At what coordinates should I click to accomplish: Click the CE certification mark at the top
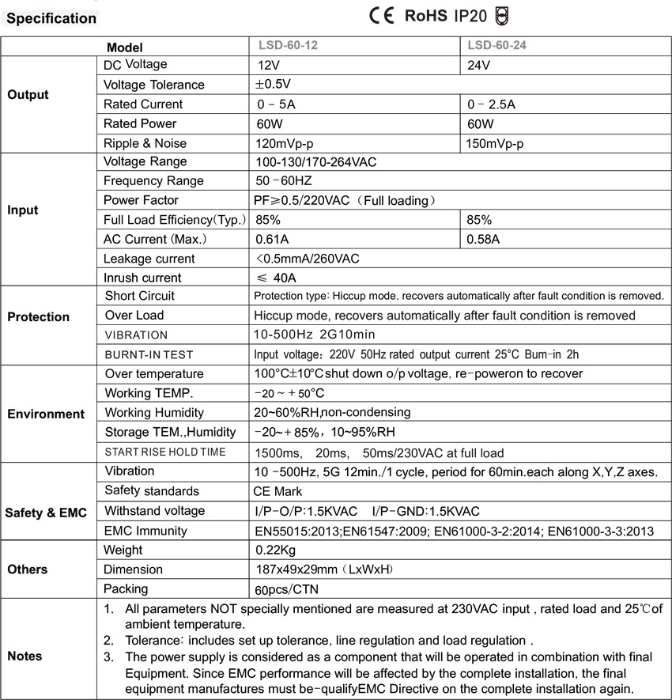(x=381, y=16)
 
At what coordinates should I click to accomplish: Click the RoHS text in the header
(x=426, y=16)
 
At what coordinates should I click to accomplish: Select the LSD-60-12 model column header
(x=289, y=46)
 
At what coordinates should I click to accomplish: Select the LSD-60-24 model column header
(x=497, y=46)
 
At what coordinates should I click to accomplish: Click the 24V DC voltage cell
(x=479, y=66)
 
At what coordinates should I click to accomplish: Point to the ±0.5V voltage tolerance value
(x=274, y=85)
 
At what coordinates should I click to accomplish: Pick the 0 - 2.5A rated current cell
(x=492, y=104)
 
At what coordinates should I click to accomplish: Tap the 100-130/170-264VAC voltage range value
(x=315, y=162)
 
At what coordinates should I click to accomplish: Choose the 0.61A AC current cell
(x=271, y=239)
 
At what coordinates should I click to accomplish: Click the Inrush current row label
(x=142, y=278)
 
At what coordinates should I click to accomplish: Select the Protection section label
(x=39, y=316)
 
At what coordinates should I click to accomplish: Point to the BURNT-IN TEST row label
(x=149, y=354)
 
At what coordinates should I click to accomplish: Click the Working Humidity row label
(x=154, y=413)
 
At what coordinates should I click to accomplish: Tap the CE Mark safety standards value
(x=279, y=491)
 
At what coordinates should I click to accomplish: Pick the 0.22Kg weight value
(x=277, y=551)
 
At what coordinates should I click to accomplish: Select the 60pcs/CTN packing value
(x=287, y=589)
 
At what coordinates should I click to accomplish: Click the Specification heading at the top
(x=51, y=18)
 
